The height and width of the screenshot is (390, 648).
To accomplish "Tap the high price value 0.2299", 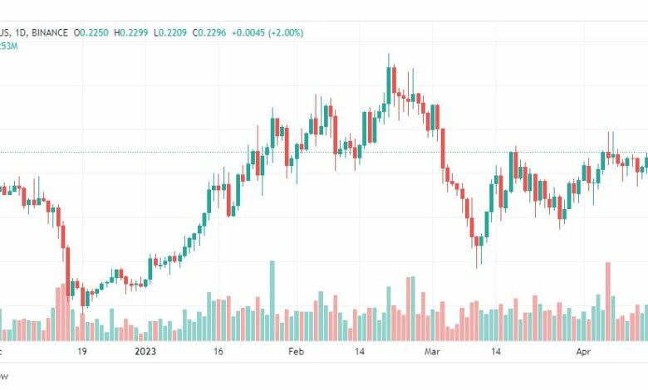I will pyautogui.click(x=134, y=32).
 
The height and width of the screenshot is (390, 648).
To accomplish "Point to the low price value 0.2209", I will pyautogui.click(x=172, y=32).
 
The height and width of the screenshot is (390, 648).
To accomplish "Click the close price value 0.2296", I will pyautogui.click(x=211, y=32).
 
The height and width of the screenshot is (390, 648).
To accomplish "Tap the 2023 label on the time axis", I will pyautogui.click(x=145, y=352).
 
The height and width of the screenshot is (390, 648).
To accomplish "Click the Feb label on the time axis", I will pyautogui.click(x=297, y=352).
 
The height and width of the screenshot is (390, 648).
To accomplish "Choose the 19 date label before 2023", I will pyautogui.click(x=82, y=352).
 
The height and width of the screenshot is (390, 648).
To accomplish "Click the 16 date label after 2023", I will pyautogui.click(x=218, y=352).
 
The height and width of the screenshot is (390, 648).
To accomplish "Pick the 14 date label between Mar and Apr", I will pyautogui.click(x=496, y=352).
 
